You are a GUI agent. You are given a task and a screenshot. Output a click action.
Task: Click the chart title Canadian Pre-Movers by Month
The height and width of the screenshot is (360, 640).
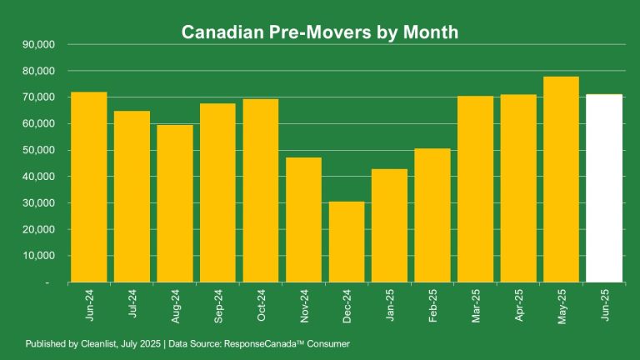[320, 32]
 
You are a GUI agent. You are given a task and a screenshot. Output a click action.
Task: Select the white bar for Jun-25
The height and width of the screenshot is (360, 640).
[604, 188]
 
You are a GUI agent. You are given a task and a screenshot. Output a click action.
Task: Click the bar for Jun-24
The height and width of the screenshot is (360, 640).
[89, 187]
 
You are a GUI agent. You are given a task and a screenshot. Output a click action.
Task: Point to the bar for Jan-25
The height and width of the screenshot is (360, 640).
[389, 226]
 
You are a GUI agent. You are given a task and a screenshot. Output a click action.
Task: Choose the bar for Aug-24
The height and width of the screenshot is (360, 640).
[175, 204]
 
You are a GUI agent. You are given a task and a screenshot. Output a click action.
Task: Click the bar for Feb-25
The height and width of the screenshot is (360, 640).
[432, 216]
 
